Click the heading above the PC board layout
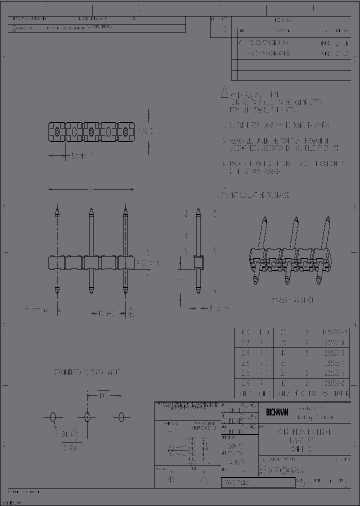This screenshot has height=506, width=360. [87, 372]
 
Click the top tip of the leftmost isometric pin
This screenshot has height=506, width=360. [263, 219]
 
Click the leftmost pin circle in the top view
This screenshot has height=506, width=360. [57, 132]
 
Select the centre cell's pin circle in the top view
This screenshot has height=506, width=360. [91, 132]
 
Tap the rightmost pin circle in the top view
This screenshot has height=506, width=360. [125, 132]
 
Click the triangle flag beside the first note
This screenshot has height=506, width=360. [225, 93]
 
